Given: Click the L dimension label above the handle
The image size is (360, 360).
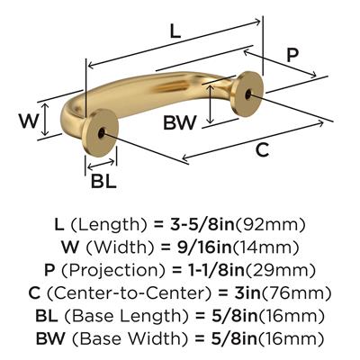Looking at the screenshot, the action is (x=175, y=31).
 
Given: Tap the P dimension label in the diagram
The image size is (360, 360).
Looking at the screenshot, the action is (x=292, y=56).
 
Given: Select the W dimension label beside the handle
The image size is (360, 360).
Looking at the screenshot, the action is (x=29, y=121).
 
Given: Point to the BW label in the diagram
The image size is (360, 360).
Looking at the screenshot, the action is (x=180, y=122).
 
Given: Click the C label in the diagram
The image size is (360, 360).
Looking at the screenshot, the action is (x=262, y=149).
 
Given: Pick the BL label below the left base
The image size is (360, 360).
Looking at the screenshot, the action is (x=103, y=181).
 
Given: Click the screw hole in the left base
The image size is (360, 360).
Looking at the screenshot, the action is (x=101, y=133).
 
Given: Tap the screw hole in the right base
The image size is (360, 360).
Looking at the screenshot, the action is (x=247, y=94).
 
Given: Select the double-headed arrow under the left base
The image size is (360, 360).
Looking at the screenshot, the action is (x=101, y=164).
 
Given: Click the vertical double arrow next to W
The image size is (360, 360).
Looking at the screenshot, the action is (x=45, y=119).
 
